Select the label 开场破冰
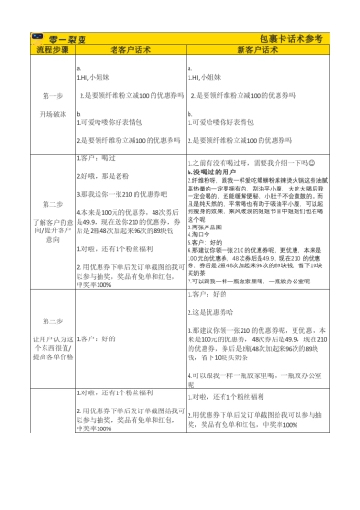[53, 114]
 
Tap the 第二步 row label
[53, 203]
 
